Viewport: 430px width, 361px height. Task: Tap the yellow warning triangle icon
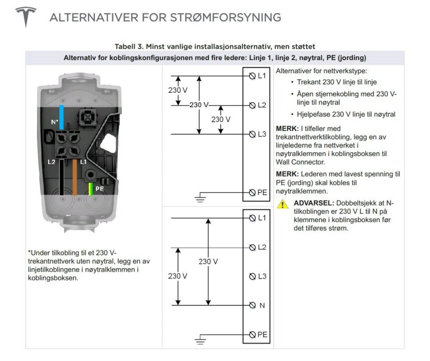coord(284,204)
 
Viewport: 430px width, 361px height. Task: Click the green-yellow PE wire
coord(90,189)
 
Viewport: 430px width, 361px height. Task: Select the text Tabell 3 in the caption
coord(129,47)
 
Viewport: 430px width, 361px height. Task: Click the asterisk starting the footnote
coord(30,253)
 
